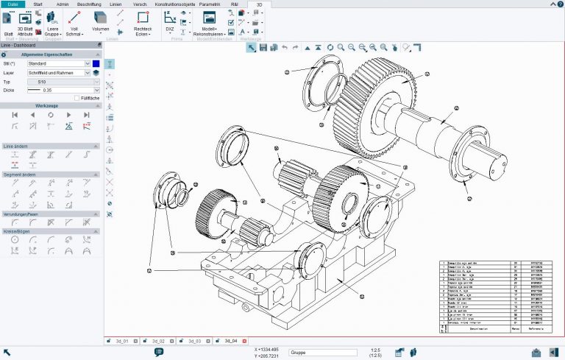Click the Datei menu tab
(12, 4)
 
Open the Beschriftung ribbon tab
(89, 4)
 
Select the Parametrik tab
(210, 4)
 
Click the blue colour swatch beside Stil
(96, 64)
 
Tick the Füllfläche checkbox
(77, 98)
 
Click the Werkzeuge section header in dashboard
(51, 106)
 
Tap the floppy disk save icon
(262, 48)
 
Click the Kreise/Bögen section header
(51, 230)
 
